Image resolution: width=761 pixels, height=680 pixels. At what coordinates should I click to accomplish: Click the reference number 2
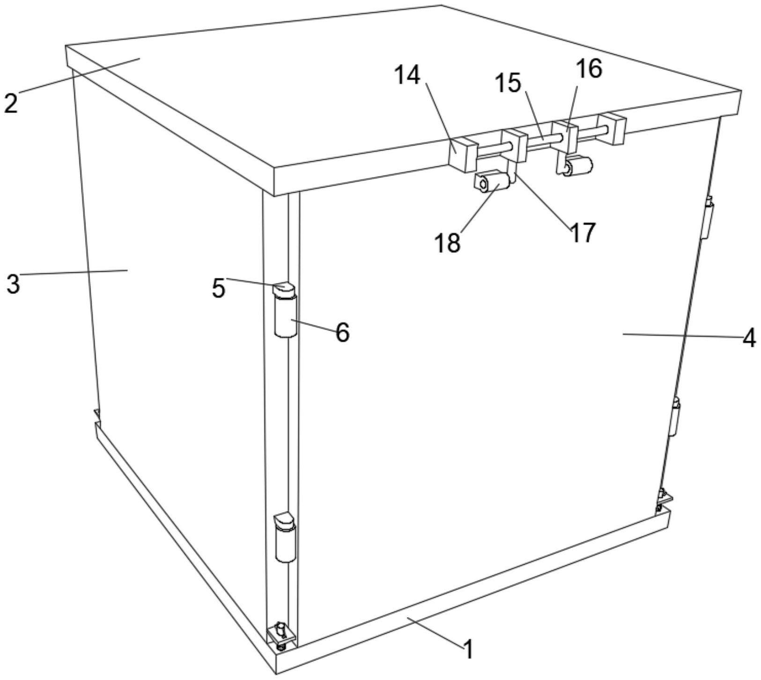point(11,103)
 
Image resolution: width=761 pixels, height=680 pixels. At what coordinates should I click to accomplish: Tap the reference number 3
point(13,284)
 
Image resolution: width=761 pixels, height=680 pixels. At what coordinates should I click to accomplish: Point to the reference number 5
point(218,288)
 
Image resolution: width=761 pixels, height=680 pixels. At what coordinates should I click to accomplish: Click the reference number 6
point(342,333)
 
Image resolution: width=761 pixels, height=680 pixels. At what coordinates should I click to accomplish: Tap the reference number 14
point(407,75)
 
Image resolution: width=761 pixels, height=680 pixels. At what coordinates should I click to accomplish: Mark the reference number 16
point(589,69)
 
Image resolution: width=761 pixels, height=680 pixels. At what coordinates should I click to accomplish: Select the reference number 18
point(448,243)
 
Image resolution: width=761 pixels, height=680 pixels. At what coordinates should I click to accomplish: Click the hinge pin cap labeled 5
point(283,288)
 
